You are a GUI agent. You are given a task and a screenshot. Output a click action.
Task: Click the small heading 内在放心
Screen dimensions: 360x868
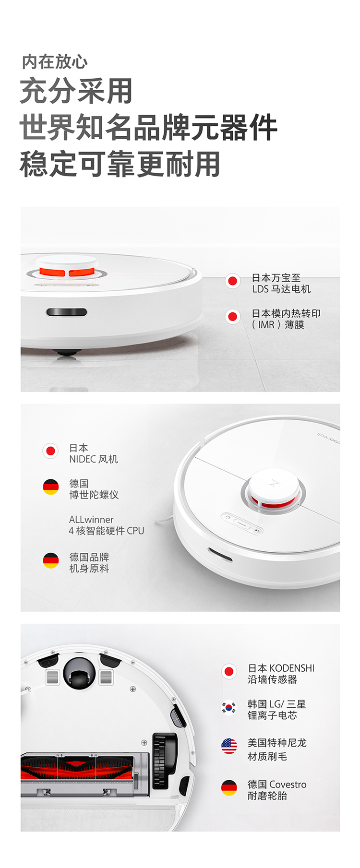pos(55,62)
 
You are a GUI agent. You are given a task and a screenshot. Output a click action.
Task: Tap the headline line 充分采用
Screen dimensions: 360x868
pos(76,91)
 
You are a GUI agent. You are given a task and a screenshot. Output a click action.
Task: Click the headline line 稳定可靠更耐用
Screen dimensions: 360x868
pos(120,164)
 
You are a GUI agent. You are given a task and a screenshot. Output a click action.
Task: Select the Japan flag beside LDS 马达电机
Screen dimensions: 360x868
pos(233,281)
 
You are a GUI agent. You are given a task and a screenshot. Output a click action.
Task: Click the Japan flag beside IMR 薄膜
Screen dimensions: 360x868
pos(233,317)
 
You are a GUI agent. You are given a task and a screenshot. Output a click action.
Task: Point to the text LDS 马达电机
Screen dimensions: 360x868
pos(282,289)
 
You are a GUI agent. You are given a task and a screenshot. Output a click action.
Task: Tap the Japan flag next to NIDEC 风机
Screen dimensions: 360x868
pos(50,451)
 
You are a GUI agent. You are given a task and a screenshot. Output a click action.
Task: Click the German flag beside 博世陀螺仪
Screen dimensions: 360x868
pos(50,487)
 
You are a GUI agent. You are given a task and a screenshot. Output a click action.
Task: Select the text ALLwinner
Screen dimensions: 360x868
pos(91,520)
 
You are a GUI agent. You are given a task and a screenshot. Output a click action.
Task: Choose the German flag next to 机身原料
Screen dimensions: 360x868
pos(50,560)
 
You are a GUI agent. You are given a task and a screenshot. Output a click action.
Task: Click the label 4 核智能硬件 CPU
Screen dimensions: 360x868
pos(106,531)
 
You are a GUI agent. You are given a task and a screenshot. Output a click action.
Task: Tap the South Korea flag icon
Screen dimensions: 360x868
pos(229,707)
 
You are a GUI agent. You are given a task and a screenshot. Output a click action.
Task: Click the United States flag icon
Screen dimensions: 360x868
pos(229,746)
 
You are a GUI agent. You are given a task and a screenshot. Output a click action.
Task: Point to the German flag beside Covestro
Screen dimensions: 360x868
pos(229,788)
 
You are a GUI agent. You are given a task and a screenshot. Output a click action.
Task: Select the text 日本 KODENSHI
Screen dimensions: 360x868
pos(281,668)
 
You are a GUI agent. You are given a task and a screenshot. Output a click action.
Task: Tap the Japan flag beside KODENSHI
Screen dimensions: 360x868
pos(229,671)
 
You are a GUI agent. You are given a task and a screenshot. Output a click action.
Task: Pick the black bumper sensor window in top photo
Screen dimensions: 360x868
pos(67,312)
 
